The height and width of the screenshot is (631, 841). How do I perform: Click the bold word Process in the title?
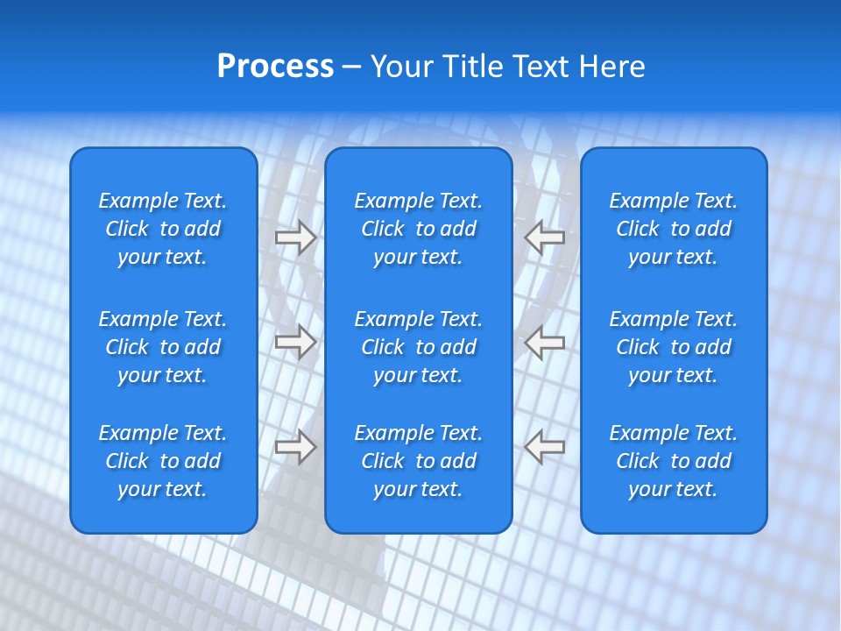[x=275, y=67]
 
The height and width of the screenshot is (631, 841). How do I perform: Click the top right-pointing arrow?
[x=295, y=238]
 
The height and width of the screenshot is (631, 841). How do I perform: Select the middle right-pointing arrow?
[x=295, y=342]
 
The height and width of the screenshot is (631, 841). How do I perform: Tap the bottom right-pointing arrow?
[x=295, y=446]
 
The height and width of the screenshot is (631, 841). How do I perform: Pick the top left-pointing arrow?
[x=545, y=238]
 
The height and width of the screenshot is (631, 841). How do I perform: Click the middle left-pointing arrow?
[x=545, y=342]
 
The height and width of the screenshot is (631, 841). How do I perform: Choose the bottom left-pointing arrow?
[x=545, y=446]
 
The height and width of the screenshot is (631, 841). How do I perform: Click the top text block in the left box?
[x=163, y=229]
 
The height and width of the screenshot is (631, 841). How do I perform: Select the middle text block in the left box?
[x=163, y=347]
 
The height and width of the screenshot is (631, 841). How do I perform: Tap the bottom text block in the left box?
[x=163, y=461]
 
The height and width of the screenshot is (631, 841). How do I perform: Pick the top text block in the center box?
[x=419, y=229]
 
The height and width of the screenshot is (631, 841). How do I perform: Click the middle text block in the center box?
[x=419, y=347]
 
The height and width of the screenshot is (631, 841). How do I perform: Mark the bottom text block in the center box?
[x=419, y=461]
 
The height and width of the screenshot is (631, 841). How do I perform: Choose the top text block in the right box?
[x=674, y=229]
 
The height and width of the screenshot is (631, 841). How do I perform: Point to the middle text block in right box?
[x=674, y=347]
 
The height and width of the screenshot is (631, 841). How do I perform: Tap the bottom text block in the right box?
[x=674, y=461]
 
